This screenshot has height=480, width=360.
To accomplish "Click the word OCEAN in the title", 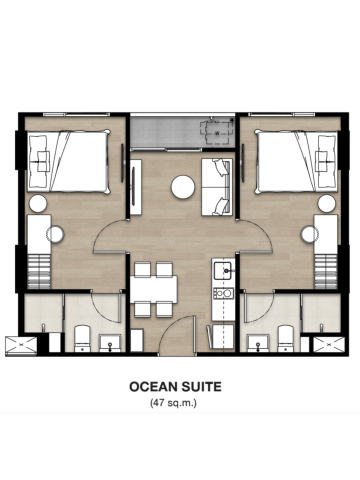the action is pos(152,387).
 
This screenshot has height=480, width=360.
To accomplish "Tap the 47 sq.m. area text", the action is pos(173,403).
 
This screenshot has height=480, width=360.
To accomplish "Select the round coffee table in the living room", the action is pos(183,187).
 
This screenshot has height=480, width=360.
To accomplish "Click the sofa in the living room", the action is pos(217,187).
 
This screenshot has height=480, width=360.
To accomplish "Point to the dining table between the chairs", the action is pos(154,289).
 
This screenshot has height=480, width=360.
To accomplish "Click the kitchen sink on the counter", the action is pos(223,271).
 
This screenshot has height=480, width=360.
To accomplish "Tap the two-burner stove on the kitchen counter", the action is pos(223,293).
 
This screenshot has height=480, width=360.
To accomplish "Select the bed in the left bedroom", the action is pos(69,161).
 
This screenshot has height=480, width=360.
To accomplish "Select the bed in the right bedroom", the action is pos(296,162).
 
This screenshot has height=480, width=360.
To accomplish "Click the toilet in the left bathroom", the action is pos(82,338).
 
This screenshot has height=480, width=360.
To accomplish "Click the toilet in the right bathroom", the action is pos(286,338).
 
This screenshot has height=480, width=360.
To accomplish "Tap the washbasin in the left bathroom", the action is pos(110,343).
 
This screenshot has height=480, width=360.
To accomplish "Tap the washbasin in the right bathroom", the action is pos(258,343).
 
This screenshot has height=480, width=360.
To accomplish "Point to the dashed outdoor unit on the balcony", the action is pos(216,131).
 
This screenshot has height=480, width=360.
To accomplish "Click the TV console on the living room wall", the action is pos(136,187).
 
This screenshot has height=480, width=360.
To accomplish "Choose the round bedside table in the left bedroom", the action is pos(38,204).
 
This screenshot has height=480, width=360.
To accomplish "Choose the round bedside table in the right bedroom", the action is pos(327,204).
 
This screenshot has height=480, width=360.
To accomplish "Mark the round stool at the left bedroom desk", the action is pos(55,234).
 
